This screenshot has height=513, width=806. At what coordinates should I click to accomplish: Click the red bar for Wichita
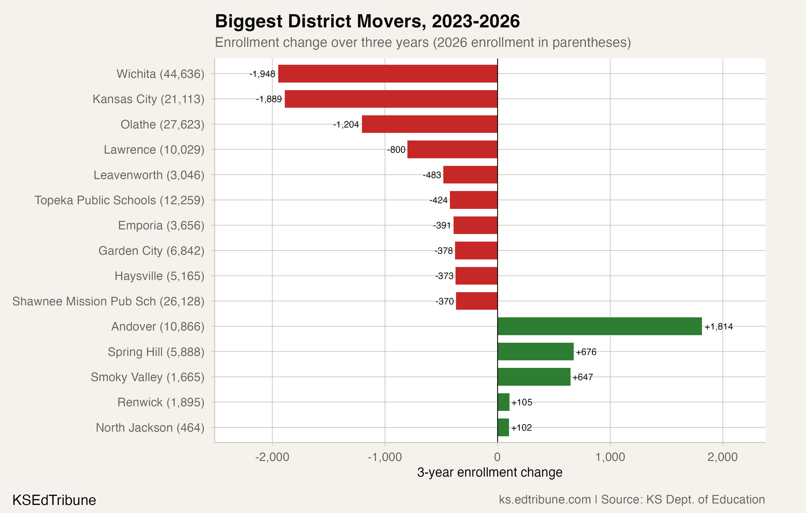coord(388,74)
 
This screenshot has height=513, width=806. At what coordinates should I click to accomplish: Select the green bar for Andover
coord(599,326)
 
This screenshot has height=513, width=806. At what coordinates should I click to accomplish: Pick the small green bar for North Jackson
coord(503,427)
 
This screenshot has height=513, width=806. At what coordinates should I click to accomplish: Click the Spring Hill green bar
coord(535,352)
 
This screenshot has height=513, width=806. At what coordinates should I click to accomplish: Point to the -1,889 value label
coord(269,99)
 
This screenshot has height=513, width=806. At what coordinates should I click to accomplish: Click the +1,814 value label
coord(718,326)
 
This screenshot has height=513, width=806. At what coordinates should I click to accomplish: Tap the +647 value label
coord(583,377)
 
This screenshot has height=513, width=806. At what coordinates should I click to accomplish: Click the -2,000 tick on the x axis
coord(272,457)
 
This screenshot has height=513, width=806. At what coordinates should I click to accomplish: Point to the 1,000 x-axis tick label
coord(610,457)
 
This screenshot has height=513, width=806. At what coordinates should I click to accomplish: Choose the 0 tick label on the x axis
coord(497,457)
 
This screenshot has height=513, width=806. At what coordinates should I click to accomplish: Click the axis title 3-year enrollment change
coord(489,472)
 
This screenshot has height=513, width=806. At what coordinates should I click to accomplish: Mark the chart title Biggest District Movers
coord(367,21)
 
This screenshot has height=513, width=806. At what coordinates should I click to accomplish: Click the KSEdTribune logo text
coord(54,500)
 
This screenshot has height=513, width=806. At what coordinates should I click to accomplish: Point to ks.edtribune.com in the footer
coord(545,499)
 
